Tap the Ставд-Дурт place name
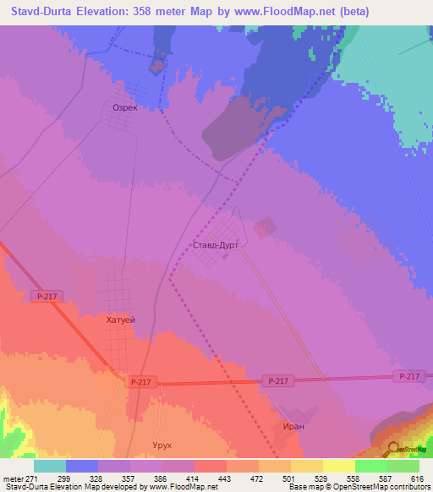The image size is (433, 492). tap(216, 245)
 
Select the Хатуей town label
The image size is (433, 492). tap(121, 320)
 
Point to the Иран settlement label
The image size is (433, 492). tap(293, 427)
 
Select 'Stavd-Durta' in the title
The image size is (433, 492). tap(43, 12)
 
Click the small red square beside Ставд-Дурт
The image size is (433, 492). tap(265, 227)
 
